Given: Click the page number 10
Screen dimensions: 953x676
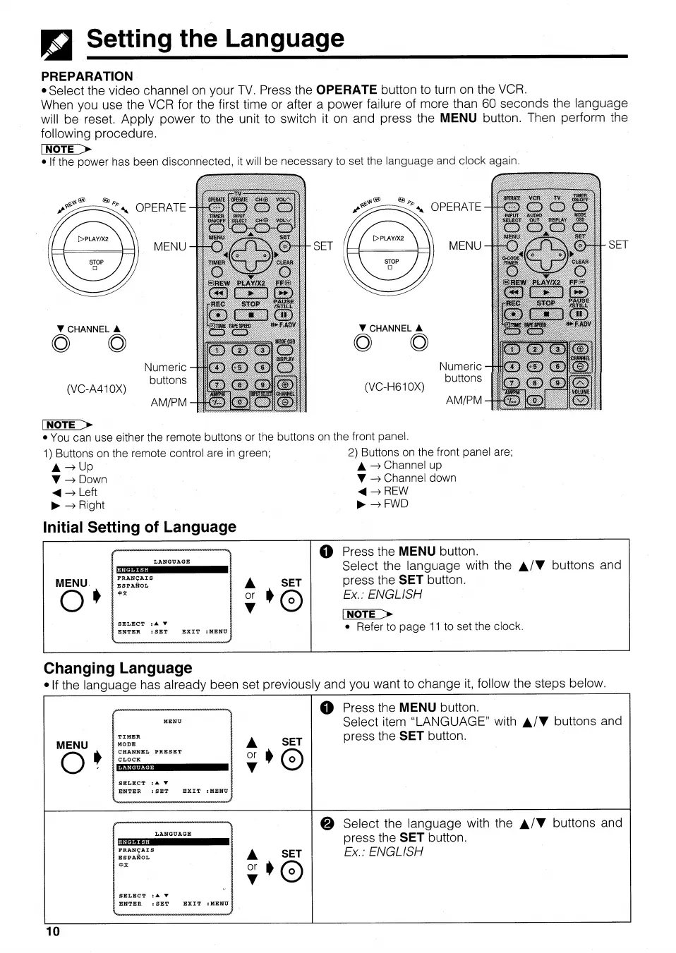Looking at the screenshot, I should pyautogui.click(x=53, y=931).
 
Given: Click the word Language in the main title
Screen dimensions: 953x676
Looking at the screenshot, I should pyautogui.click(x=284, y=39).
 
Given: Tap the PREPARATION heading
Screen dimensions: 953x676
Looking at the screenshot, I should pyautogui.click(x=87, y=76).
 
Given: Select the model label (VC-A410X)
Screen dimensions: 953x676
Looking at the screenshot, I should pyautogui.click(x=97, y=389).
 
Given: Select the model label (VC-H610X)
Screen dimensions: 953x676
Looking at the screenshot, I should pyautogui.click(x=394, y=387).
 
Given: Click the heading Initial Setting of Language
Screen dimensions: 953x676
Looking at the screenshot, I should pyautogui.click(x=140, y=528).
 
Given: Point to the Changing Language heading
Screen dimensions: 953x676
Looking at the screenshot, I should pyautogui.click(x=118, y=668).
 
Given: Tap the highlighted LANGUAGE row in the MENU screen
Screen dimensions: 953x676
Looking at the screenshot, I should pyautogui.click(x=173, y=767).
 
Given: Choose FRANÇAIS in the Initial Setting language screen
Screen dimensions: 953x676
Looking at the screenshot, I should pyautogui.click(x=135, y=578).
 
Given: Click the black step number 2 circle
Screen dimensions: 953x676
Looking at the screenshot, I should pyautogui.click(x=327, y=824).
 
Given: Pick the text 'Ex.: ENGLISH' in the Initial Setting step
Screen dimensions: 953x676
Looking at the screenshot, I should pyautogui.click(x=382, y=595).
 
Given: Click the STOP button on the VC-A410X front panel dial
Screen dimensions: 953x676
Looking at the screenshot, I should pyautogui.click(x=96, y=265).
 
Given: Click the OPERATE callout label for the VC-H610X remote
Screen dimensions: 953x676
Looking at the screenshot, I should pyautogui.click(x=456, y=207).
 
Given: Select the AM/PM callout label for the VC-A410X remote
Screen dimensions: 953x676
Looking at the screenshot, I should pyautogui.click(x=169, y=402).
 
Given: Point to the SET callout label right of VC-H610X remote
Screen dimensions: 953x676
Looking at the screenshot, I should pyautogui.click(x=617, y=245).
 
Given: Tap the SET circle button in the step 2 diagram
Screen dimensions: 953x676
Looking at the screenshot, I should pyautogui.click(x=291, y=873).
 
